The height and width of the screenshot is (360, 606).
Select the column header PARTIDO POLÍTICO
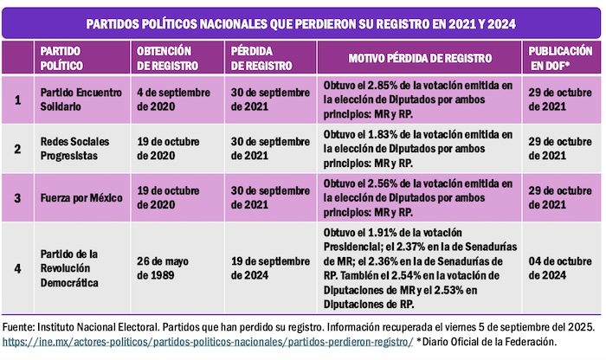coord(61,58)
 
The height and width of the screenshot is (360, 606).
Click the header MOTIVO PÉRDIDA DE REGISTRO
coord(420,58)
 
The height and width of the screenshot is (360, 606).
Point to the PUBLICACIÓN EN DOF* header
coord(561,58)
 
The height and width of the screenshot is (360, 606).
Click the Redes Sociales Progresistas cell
coord(77,147)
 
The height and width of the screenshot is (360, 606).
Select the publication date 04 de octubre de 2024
coord(561,268)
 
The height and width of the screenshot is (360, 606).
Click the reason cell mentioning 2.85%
coord(420,99)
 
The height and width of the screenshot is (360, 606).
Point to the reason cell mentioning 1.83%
coord(420,147)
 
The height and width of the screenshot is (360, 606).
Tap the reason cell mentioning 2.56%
coord(420,197)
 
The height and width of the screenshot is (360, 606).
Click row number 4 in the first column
coord(17,268)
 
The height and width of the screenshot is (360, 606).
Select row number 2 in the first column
coord(17,147)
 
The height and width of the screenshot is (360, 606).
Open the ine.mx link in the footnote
coord(208,343)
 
